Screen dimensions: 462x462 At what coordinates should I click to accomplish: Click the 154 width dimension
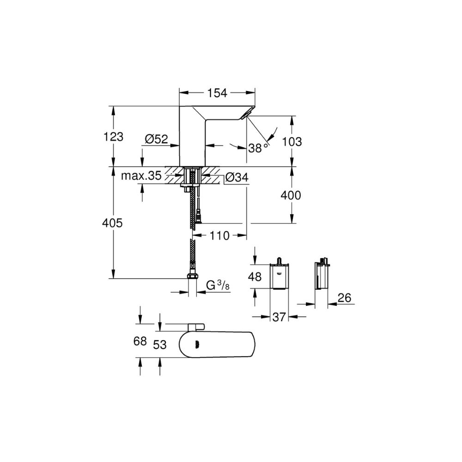click(x=218, y=93)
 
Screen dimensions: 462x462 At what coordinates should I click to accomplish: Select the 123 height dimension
click(x=114, y=137)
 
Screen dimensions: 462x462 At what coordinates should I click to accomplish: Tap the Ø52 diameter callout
click(x=157, y=139)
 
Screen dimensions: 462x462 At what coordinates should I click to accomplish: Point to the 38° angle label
click(x=258, y=148)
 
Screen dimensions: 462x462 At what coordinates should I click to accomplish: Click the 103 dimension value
click(x=292, y=142)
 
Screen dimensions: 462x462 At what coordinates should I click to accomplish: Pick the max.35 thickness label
click(x=141, y=176)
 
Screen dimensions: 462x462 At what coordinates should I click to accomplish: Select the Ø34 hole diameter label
click(x=237, y=177)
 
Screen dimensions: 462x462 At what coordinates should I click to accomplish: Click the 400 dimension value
click(x=291, y=195)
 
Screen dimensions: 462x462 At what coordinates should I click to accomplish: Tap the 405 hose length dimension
click(x=112, y=223)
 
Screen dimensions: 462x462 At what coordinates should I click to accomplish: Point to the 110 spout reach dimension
click(x=219, y=236)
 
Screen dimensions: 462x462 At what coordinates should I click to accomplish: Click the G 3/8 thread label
click(x=218, y=286)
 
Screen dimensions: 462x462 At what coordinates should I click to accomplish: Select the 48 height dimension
click(x=255, y=277)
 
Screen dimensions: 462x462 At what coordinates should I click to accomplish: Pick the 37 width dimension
click(x=279, y=317)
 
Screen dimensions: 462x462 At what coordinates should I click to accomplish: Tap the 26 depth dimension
click(x=345, y=298)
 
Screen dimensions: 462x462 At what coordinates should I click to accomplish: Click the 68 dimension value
click(x=140, y=341)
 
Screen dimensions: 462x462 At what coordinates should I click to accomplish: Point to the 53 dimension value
click(x=160, y=345)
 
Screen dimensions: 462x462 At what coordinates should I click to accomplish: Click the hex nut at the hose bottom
click(x=192, y=277)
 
